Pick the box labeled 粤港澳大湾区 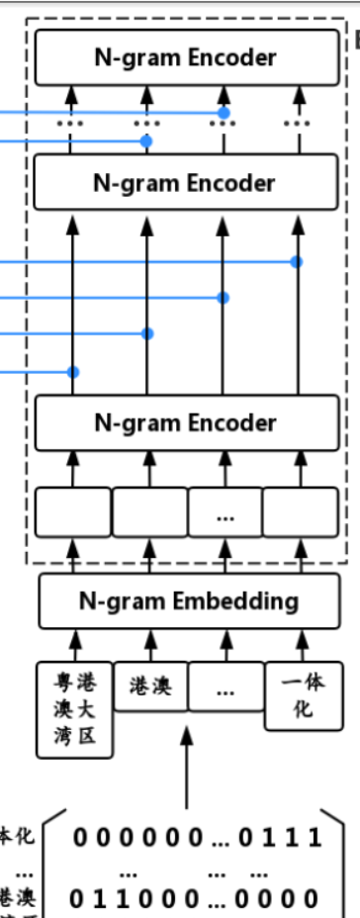pyautogui.click(x=74, y=709)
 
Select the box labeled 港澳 pyautogui.click(x=149, y=686)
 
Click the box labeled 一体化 pyautogui.click(x=302, y=695)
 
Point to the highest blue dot pyautogui.click(x=225, y=113)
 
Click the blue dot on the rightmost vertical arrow pyautogui.click(x=297, y=261)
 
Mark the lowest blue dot pyautogui.click(x=72, y=372)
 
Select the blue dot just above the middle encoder pyautogui.click(x=147, y=142)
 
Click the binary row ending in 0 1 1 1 pyautogui.click(x=197, y=839)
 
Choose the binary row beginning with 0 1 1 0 pyautogui.click(x=197, y=899)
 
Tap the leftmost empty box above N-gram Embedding pyautogui.click(x=73, y=511)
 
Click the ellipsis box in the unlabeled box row pyautogui.click(x=225, y=511)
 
